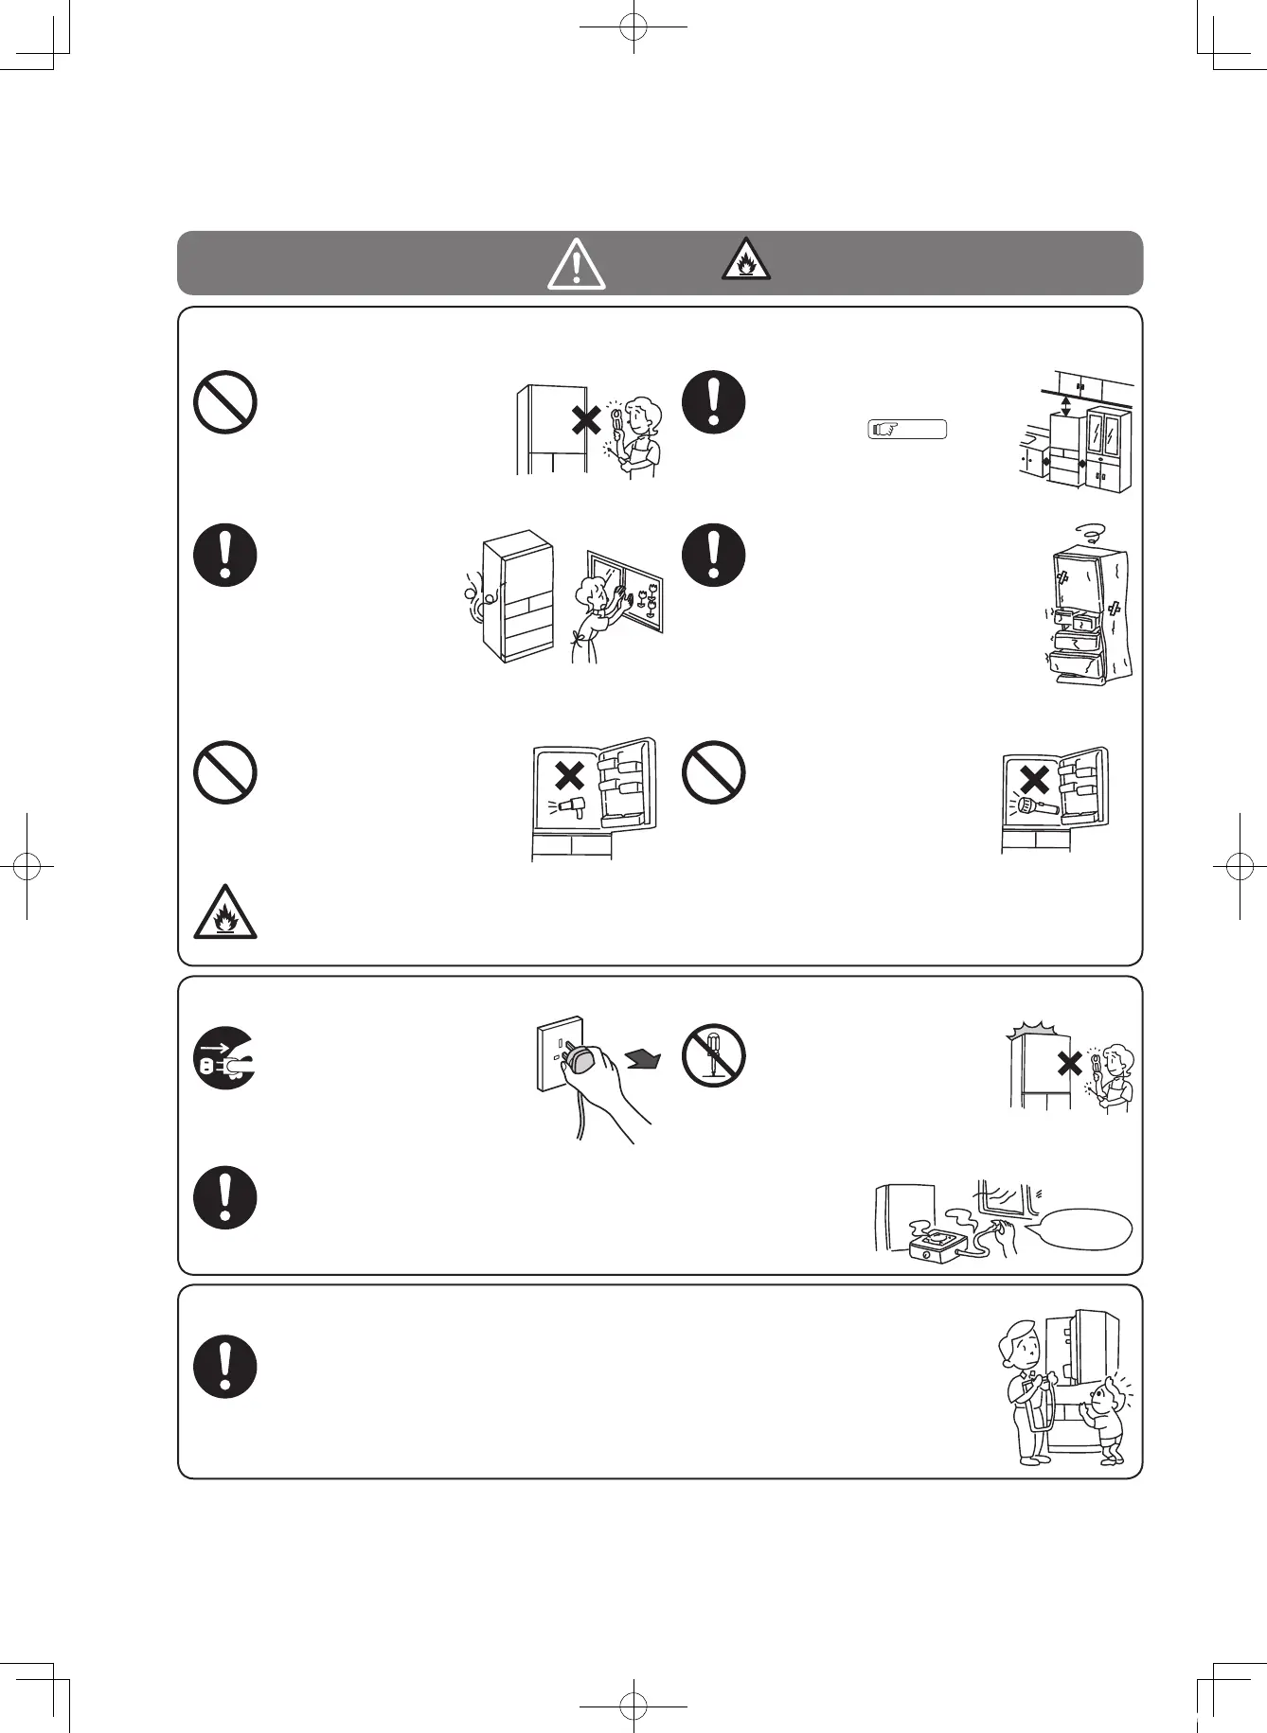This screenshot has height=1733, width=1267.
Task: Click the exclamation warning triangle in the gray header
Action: point(576,264)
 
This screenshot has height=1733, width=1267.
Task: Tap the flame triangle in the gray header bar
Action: point(745,260)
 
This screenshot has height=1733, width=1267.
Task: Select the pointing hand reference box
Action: point(907,430)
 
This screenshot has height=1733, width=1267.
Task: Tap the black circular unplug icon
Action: point(224,1057)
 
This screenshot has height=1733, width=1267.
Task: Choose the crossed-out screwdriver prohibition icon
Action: point(713,1055)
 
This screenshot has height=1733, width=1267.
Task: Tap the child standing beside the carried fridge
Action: point(1108,1420)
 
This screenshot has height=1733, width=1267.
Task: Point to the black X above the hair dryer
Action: point(569,775)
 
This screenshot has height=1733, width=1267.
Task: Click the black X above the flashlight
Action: point(1035,778)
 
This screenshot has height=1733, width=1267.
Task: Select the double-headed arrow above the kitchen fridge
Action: point(1067,407)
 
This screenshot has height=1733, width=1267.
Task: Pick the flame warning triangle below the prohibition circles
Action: point(224,912)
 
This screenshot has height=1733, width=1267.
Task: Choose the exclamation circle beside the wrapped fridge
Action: point(713,555)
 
